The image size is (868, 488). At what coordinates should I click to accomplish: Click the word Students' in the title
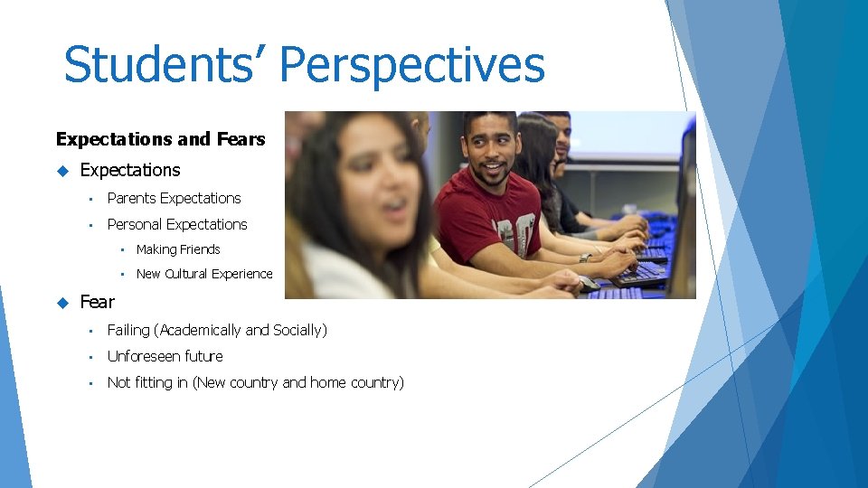[164, 65]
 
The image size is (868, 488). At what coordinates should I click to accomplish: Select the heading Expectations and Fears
[160, 139]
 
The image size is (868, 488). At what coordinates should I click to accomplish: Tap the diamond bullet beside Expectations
[62, 171]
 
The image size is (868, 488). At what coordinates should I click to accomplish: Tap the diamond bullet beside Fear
[62, 302]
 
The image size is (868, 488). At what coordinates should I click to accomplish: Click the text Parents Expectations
[174, 199]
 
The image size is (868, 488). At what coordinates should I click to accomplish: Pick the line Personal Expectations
[176, 224]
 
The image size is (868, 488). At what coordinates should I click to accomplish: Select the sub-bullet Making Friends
[178, 249]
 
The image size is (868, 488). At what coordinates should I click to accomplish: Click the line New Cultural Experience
[203, 274]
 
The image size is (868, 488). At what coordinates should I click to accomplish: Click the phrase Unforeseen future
[165, 357]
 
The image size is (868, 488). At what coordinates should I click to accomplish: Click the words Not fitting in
[147, 383]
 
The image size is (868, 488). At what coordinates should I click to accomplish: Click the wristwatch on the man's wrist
[585, 258]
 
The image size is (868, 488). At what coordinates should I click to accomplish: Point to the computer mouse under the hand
[589, 284]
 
